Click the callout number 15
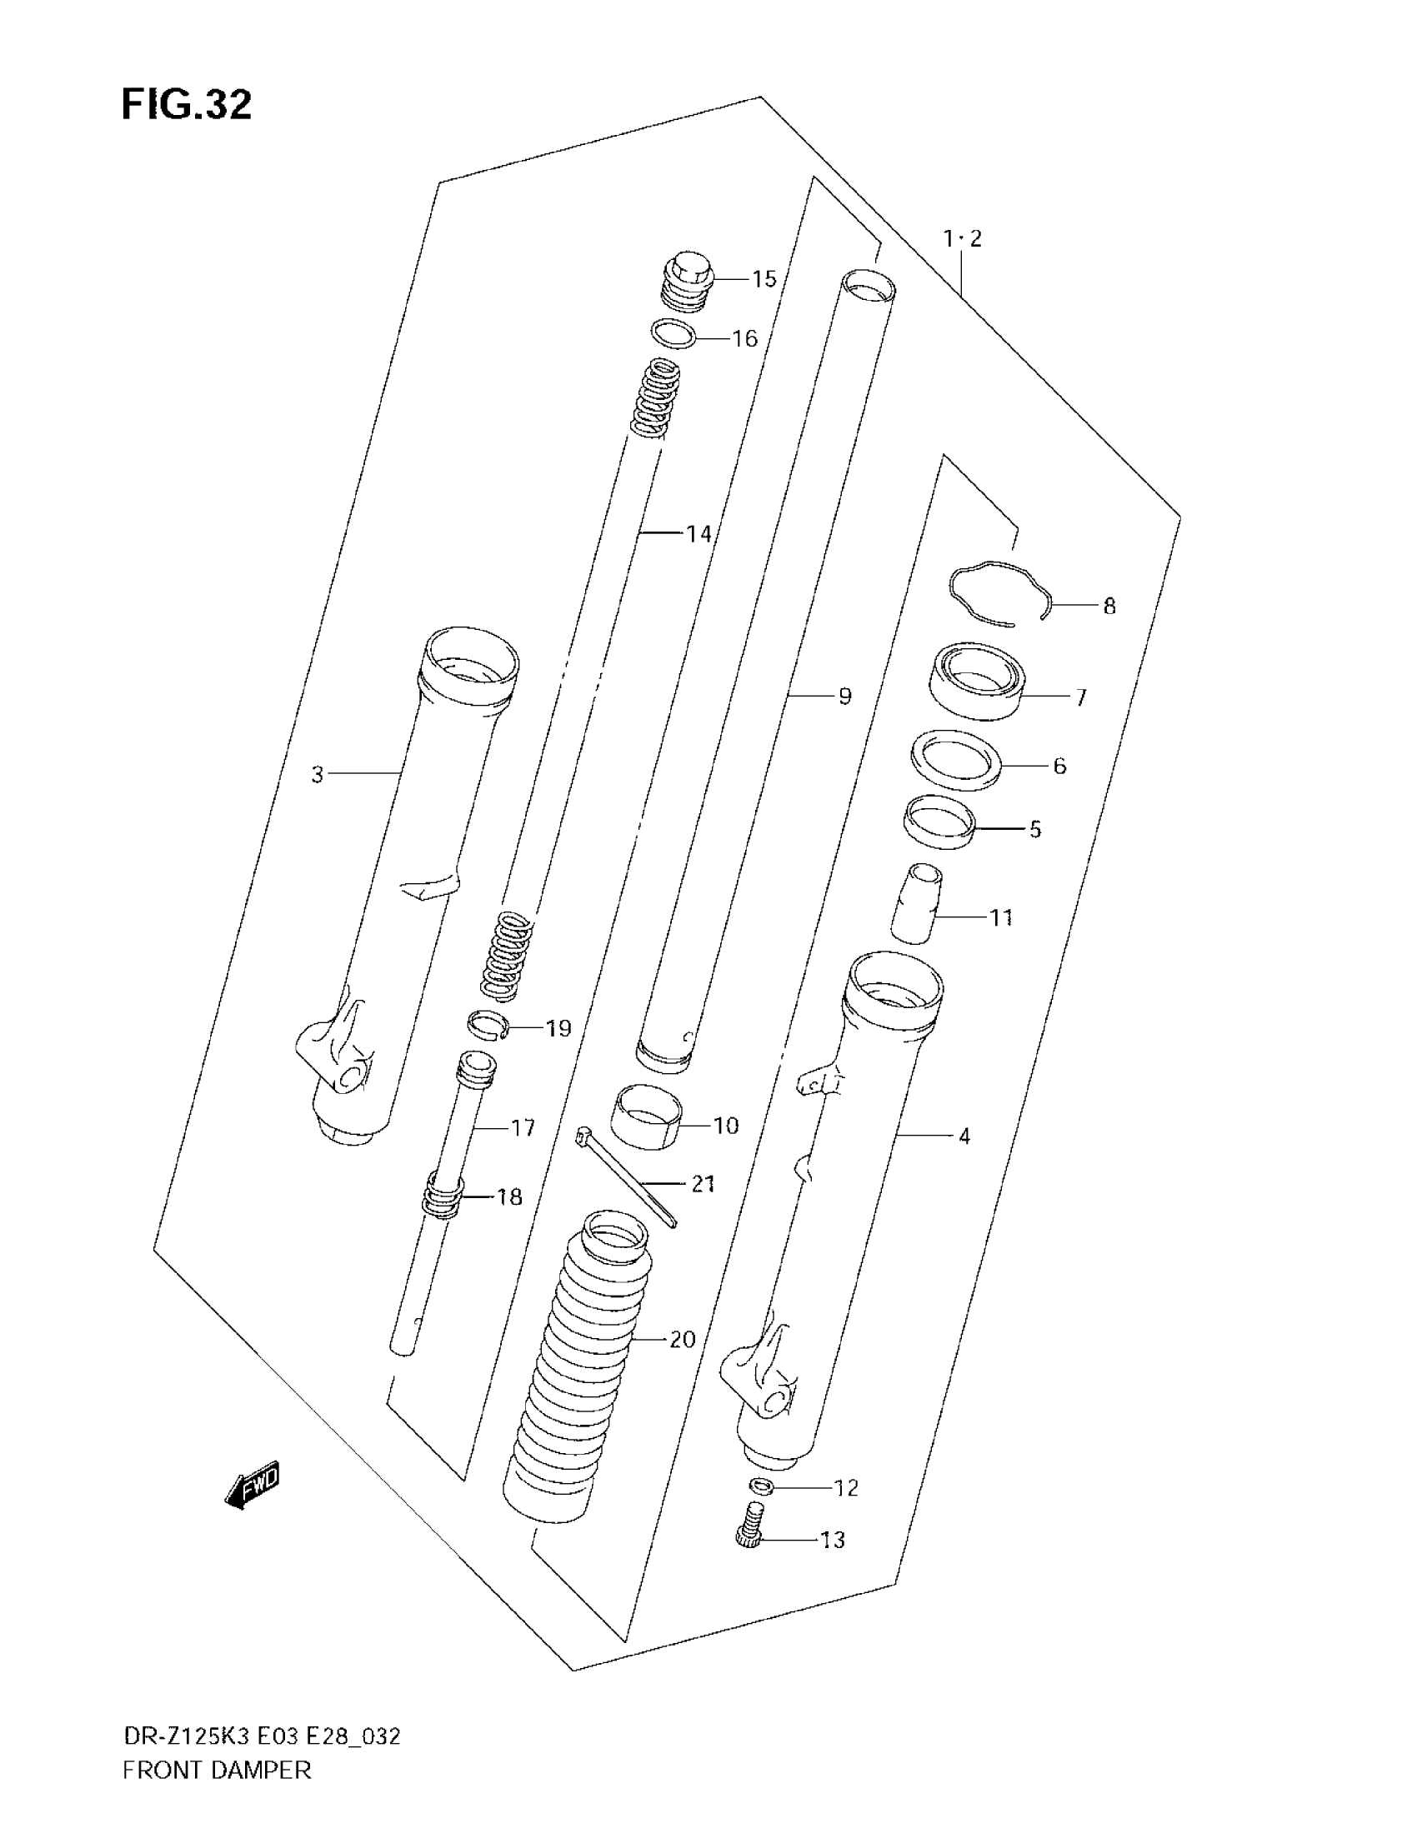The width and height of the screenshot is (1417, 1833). click(x=763, y=279)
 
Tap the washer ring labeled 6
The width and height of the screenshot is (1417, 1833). click(x=956, y=760)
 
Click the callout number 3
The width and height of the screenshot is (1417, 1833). click(x=317, y=775)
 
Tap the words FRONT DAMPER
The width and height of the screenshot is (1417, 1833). click(x=217, y=1794)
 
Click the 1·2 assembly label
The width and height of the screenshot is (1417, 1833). click(x=962, y=239)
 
